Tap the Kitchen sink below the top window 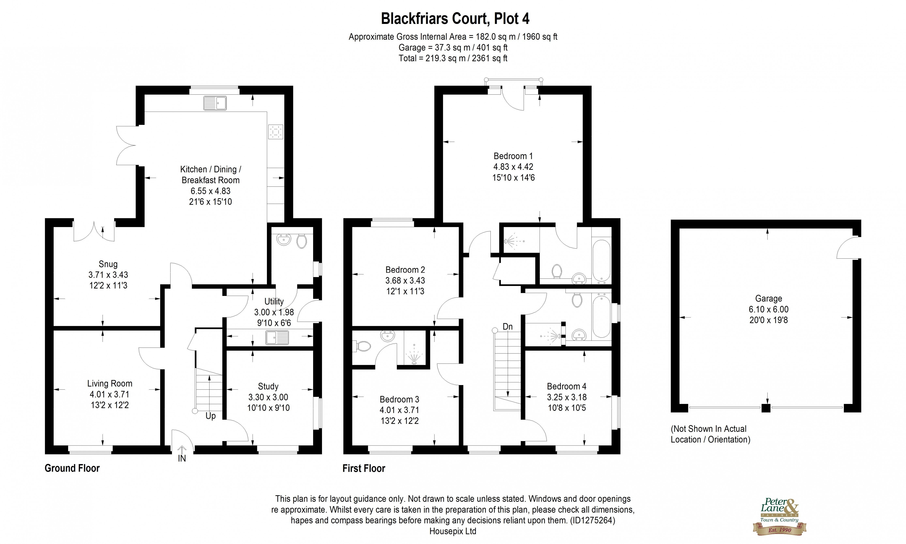pos(215,103)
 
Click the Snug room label pos(108,264)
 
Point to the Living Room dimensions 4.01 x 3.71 pos(110,394)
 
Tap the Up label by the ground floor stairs pos(210,416)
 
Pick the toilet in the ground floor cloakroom pos(302,241)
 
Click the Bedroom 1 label pos(513,156)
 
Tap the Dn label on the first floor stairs pos(507,327)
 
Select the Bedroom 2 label pos(405,270)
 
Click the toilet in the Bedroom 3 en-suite pos(362,346)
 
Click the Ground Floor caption pos(72,468)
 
